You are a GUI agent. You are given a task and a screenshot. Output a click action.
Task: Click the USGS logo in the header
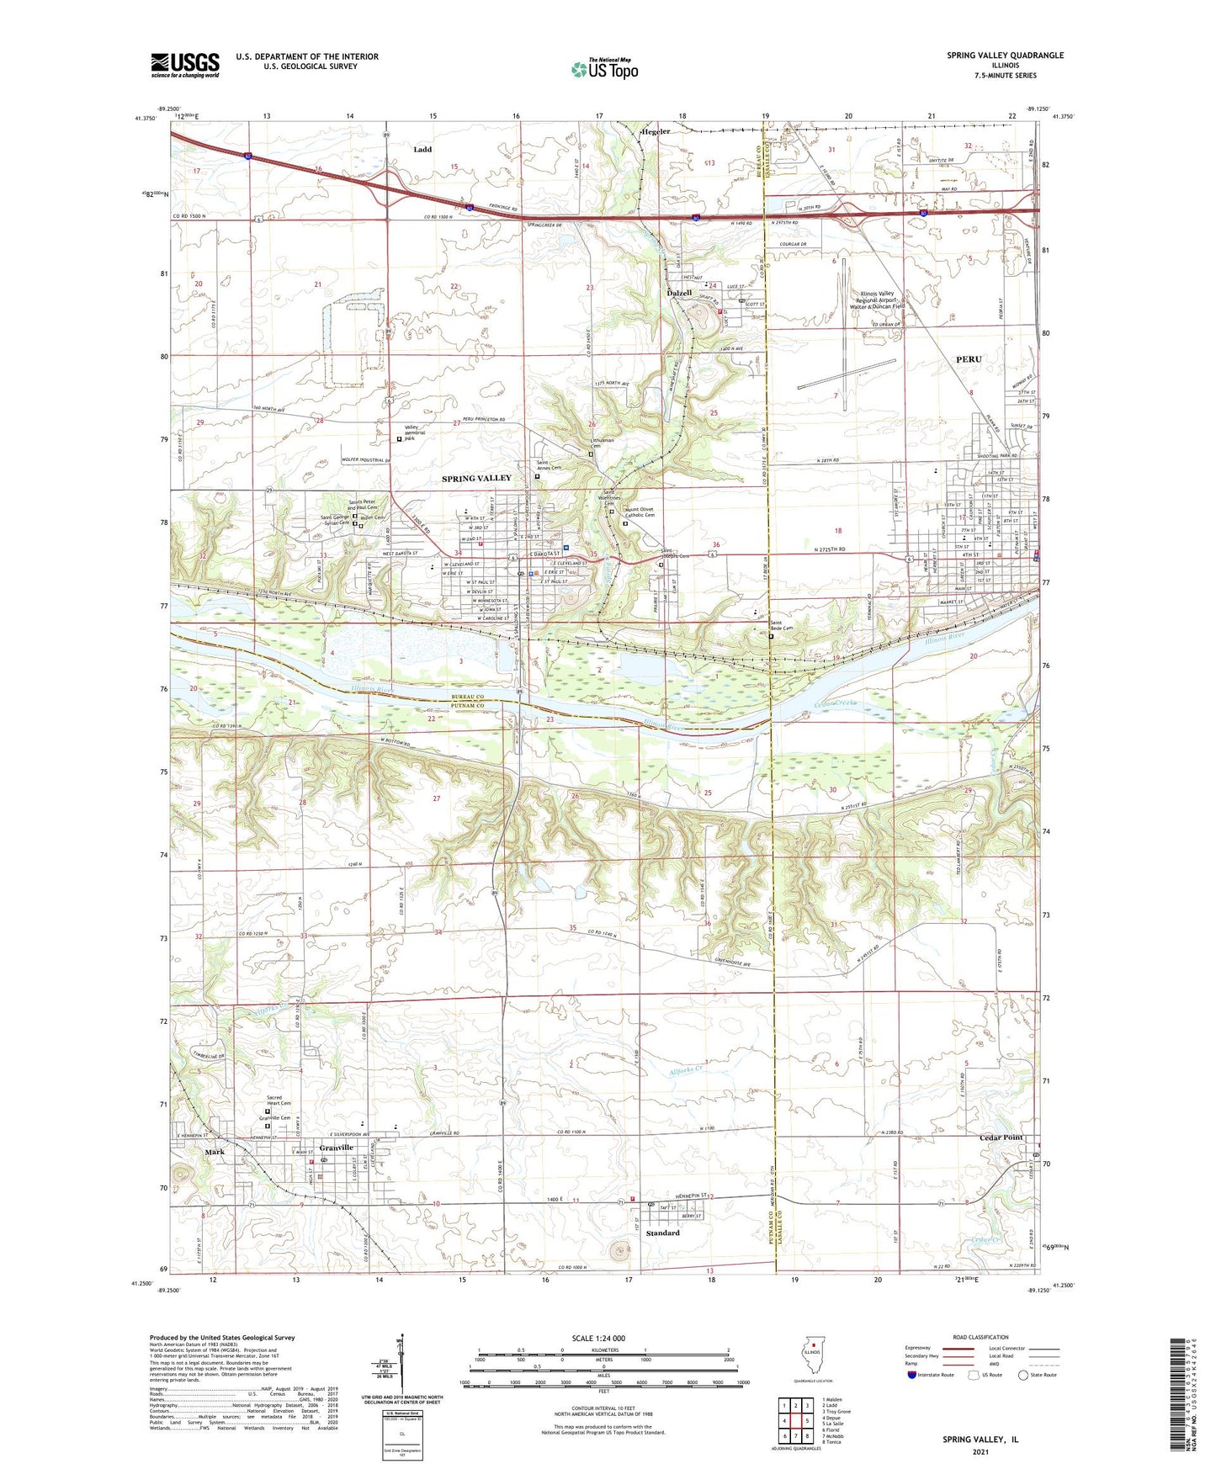pyautogui.click(x=184, y=65)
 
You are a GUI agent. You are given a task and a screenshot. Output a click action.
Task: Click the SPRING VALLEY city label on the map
pyautogui.click(x=476, y=478)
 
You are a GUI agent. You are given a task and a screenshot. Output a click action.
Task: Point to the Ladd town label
pyautogui.click(x=422, y=150)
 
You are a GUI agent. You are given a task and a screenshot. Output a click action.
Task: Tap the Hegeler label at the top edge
pyautogui.click(x=656, y=132)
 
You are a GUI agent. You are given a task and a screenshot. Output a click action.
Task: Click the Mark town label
pyautogui.click(x=214, y=1153)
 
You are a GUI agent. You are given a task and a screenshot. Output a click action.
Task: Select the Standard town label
pyautogui.click(x=663, y=1233)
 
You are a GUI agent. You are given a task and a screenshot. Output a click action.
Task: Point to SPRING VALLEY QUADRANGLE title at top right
pyautogui.click(x=1004, y=56)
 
